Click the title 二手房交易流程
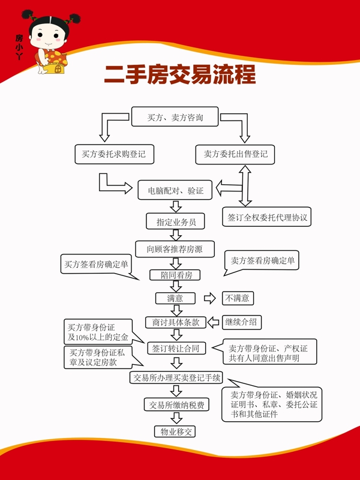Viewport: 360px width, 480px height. point(180,75)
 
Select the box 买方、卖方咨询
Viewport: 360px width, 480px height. point(175,118)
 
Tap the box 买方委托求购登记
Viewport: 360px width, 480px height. point(114,154)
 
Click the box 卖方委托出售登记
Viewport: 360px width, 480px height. point(235,154)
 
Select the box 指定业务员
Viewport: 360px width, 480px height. point(176,221)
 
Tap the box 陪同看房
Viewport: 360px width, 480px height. point(175,275)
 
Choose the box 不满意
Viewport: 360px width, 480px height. point(237,298)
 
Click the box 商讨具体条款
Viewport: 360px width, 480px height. point(176,322)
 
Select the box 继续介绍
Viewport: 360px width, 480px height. point(242,322)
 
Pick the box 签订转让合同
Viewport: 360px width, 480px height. point(176,348)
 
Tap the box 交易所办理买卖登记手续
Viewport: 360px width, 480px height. point(176,377)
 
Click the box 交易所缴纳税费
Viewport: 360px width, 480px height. point(176,405)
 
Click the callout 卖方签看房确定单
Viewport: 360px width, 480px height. point(262,262)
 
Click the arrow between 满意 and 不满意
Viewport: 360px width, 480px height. point(209,298)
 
